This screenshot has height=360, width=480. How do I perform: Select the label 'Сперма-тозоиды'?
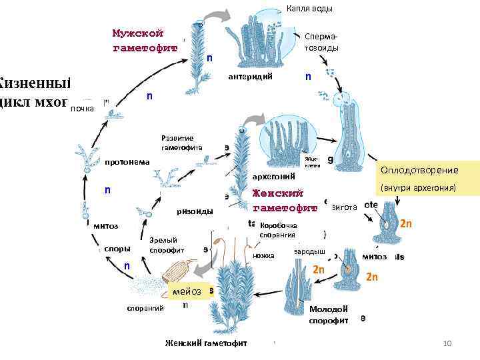(x=321, y=43)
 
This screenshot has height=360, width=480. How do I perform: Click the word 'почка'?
(x=83, y=107)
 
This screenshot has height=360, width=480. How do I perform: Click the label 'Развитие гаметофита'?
(x=177, y=142)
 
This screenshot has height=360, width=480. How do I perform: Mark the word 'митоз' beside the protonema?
(x=106, y=225)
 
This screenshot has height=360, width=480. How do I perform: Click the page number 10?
(x=447, y=343)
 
